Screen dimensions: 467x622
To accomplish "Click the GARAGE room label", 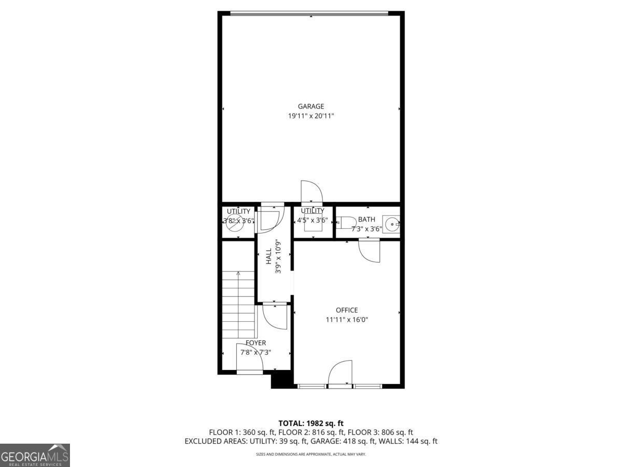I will [311, 106].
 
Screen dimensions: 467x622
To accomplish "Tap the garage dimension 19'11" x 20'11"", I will [311, 116].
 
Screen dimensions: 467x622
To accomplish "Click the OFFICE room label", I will [347, 310].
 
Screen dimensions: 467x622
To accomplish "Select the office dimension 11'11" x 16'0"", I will [347, 320].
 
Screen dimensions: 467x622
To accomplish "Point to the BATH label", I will [366, 219].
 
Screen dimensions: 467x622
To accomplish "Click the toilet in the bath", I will [346, 223].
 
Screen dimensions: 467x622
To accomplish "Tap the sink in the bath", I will [391, 225].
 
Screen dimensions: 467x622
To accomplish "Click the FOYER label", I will [256, 343].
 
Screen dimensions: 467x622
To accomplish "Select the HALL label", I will [269, 256].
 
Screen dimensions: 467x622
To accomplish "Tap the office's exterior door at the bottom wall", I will [340, 373].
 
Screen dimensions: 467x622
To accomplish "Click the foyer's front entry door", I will [250, 358].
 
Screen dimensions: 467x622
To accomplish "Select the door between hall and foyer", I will [275, 315].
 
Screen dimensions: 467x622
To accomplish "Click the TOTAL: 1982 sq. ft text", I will [311, 423].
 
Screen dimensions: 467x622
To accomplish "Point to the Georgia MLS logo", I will [35, 455].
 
